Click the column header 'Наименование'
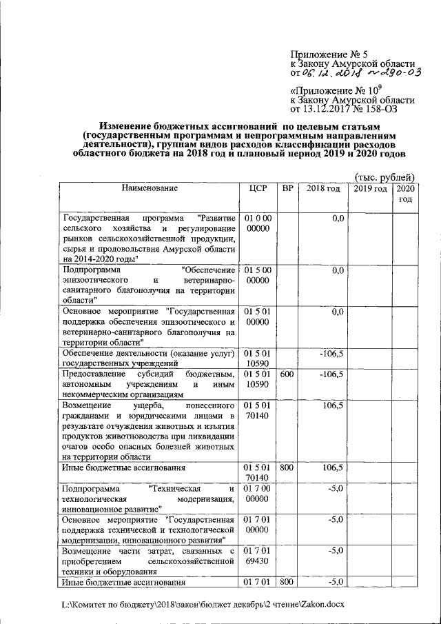(x=150, y=188)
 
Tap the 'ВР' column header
(x=287, y=188)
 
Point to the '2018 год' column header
(x=322, y=188)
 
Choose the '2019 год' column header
(x=369, y=188)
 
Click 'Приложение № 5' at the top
(x=326, y=54)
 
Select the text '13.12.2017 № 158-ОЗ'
(x=349, y=108)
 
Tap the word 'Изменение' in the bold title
(x=129, y=127)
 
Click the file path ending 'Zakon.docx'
(x=201, y=605)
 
